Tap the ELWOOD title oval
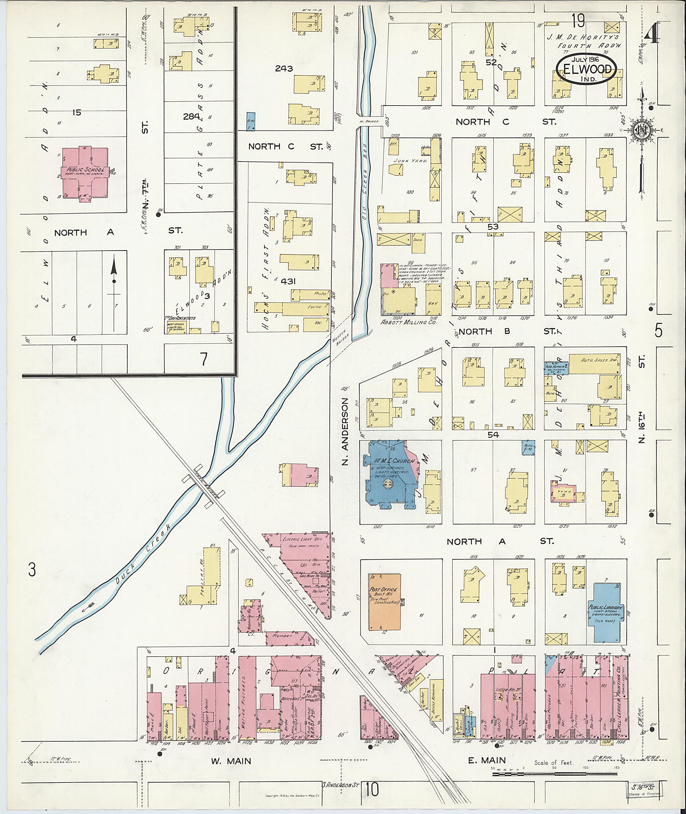pyautogui.click(x=587, y=69)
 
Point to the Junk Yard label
pyautogui.click(x=405, y=160)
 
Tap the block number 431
pyautogui.click(x=288, y=281)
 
